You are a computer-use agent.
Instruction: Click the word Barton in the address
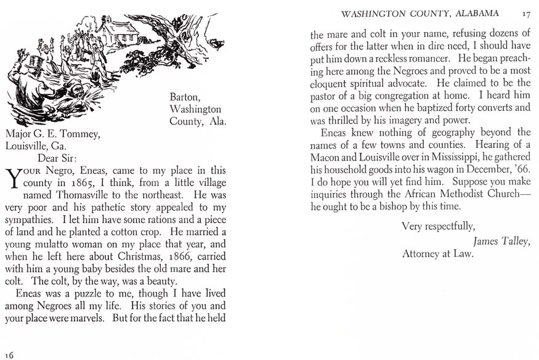184,97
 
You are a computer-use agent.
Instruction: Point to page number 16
9,354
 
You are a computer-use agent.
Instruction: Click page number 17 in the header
525,13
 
